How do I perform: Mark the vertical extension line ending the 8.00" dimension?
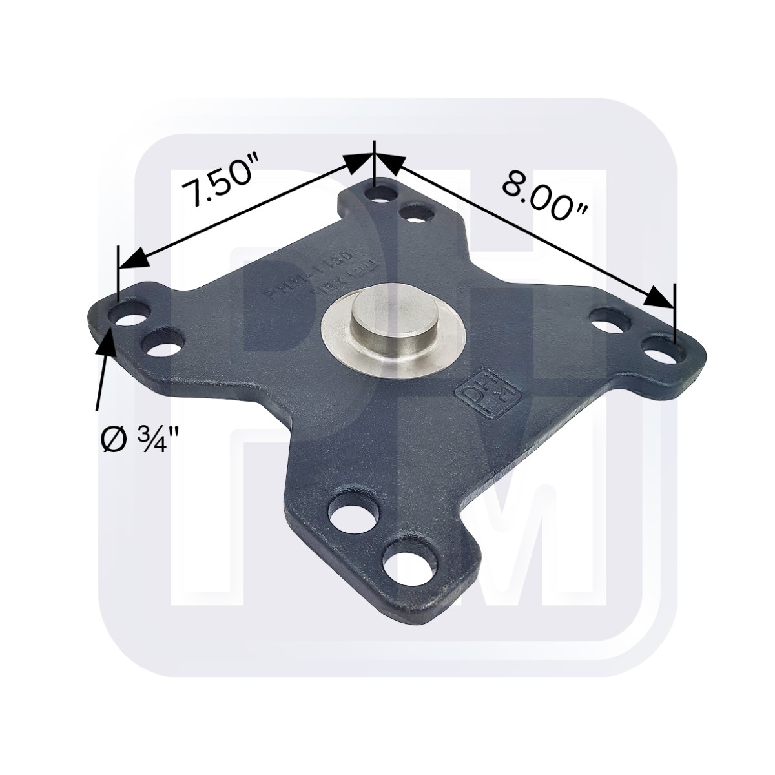674,313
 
